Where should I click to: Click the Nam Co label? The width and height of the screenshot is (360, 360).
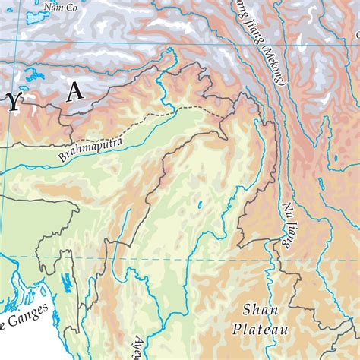[61, 8]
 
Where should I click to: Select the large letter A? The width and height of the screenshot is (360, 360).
[74, 92]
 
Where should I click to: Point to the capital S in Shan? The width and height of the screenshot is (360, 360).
[248, 309]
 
